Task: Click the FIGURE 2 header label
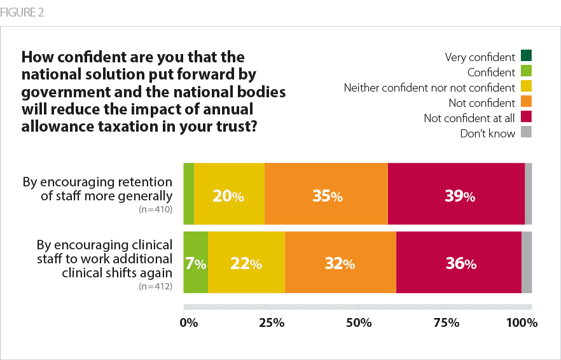coord(23,13)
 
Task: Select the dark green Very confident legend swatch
coord(526,55)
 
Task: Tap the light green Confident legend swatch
coord(526,71)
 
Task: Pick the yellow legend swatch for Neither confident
coord(526,86)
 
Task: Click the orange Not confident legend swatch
coord(526,101)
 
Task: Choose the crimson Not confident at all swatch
coord(526,117)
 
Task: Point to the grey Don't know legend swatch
coord(526,132)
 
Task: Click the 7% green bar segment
coord(195,262)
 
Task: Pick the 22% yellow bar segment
coord(246,262)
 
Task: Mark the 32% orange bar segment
coord(340,262)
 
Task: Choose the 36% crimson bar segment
coord(458,262)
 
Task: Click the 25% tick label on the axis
coord(272,323)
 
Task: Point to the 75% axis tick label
coord(447,323)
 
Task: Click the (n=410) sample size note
coord(155,208)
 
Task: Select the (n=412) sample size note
coord(155,286)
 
